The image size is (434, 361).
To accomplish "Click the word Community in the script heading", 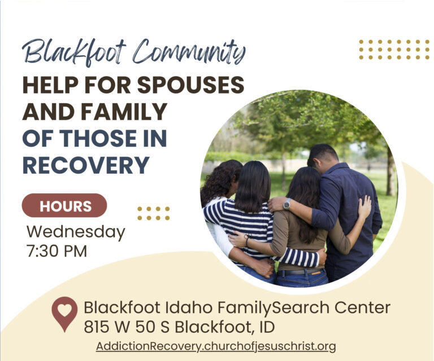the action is click(189, 52).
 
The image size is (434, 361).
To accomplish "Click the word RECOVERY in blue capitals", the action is click(86, 165).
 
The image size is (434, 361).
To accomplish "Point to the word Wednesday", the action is click(76, 232).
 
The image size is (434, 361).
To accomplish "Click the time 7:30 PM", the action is click(57, 251).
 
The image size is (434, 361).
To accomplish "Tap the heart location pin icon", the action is click(64, 314).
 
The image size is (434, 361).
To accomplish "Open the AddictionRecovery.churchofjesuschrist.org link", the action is click(216, 346).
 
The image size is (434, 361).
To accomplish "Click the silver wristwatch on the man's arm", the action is click(287, 204).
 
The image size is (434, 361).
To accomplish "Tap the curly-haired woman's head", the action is click(224, 177).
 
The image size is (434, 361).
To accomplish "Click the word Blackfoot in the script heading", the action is click(74, 52).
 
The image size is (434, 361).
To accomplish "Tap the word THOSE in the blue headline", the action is click(98, 138).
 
